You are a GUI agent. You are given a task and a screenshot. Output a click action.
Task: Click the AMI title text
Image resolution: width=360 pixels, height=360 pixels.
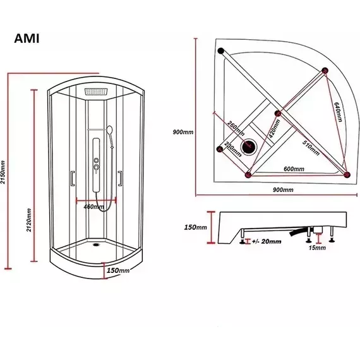pos(27,39)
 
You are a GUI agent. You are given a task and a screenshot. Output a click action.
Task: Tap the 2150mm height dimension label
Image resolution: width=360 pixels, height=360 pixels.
pos(3,172)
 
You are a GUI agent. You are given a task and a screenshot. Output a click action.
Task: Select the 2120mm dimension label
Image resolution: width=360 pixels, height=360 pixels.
pos(29,220)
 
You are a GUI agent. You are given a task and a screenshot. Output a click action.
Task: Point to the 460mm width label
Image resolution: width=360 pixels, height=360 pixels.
pos(93,207)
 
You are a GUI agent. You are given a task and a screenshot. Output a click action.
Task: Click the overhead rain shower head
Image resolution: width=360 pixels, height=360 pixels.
pos(96,92)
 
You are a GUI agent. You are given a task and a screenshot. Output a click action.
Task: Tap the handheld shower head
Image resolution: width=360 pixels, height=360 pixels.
pos(110,130)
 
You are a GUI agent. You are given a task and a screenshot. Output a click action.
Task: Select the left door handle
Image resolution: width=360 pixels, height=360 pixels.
pos(73,178)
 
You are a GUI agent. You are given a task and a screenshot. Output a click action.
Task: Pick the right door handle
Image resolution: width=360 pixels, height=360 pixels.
pos(120,178)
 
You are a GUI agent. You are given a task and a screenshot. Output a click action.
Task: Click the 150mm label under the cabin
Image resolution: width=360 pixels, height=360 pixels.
pos(118,270)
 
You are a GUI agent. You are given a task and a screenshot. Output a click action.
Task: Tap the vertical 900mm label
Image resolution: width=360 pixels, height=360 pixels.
pos(183,132)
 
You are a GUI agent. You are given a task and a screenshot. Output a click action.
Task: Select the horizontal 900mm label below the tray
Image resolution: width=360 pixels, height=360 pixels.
pos(283,190)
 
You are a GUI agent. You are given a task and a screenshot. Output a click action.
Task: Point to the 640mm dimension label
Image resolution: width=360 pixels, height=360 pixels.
pos(338,112)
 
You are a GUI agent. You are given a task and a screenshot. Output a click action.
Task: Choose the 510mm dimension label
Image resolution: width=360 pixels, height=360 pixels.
pos(311,147)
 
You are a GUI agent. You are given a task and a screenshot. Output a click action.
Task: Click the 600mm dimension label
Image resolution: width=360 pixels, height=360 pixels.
pos(294,169)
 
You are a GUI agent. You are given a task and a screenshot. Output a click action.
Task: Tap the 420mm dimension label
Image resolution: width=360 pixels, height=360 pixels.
pos(275,128)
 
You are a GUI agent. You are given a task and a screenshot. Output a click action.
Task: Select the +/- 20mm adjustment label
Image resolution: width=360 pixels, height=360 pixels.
pos(267,241)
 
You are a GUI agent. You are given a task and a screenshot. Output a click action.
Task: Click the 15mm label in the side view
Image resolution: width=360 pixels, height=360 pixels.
pos(317,248)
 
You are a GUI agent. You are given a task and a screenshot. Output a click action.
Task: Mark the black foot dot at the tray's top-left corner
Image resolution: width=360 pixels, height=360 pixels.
pos(221,51)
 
